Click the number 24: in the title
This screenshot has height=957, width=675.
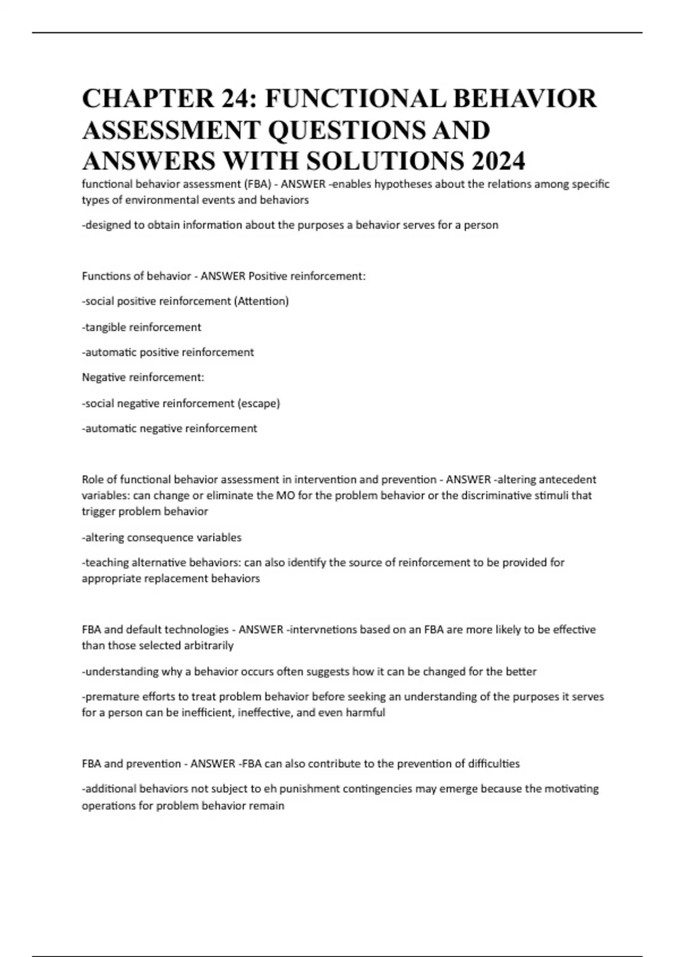pyautogui.click(x=234, y=99)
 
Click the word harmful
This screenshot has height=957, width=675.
pyautogui.click(x=366, y=712)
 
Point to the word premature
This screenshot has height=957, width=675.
pyautogui.click(x=109, y=696)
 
